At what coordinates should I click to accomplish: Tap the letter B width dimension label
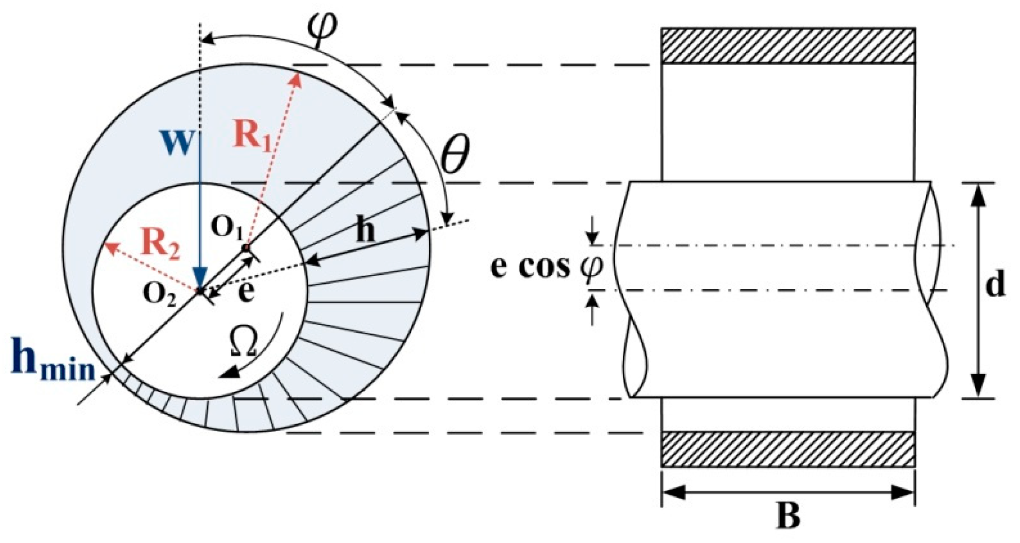(788, 517)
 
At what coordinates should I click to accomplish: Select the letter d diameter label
(995, 284)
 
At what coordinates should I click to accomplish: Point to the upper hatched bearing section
(788, 46)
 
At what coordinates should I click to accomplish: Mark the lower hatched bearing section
(788, 449)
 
